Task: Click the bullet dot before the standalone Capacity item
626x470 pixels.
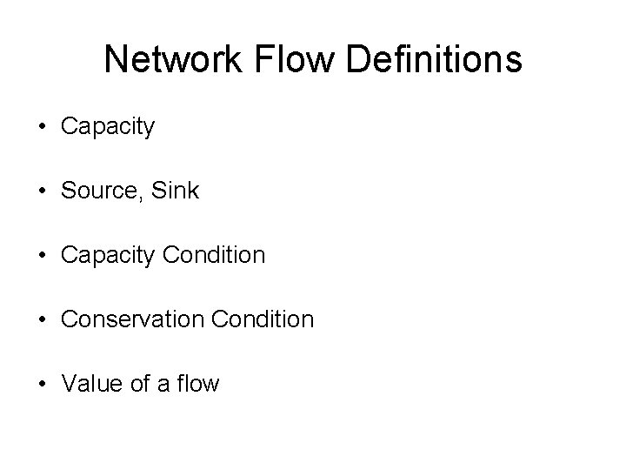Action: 43,127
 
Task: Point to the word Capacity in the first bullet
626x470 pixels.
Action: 108,127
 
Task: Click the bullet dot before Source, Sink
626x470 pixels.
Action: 43,191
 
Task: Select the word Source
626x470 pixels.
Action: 98,191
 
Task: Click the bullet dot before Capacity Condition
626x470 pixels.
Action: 43,255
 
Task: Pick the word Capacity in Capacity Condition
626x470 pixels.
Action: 108,255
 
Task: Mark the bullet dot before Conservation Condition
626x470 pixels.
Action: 43,319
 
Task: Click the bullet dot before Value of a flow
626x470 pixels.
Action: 43,384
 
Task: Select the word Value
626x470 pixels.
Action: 89,384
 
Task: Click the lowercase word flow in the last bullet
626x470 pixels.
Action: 197,384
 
